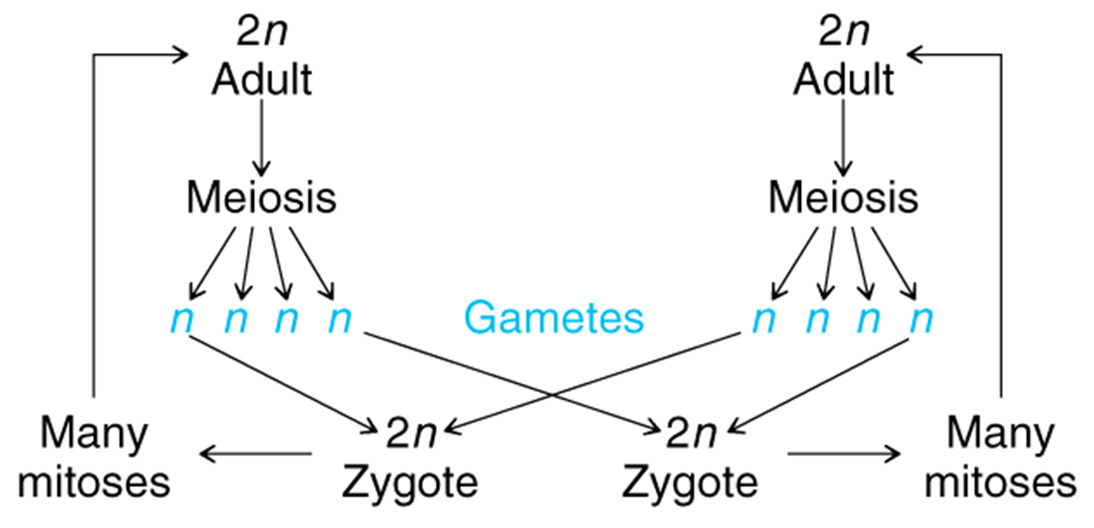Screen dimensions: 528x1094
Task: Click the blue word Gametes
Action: pos(554,319)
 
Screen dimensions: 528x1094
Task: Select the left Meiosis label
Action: pos(261,199)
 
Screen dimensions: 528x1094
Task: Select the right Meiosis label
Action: pos(844,199)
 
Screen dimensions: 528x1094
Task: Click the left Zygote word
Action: pos(408,481)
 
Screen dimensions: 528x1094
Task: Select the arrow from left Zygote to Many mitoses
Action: pos(256,453)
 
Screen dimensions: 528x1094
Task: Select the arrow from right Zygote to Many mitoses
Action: pos(843,453)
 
